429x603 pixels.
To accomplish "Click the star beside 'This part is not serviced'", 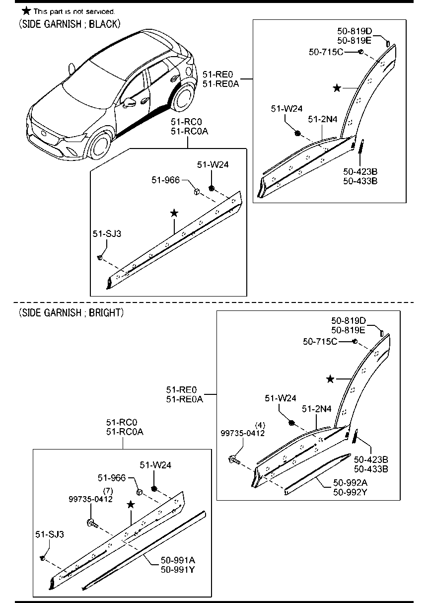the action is coord(26,11).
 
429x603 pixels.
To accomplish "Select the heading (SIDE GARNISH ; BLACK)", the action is coord(70,24).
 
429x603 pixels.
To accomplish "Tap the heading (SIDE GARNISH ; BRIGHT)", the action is coord(71,312).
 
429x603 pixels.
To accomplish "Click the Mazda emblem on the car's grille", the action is coord(44,134).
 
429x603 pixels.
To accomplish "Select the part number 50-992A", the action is coord(350,483).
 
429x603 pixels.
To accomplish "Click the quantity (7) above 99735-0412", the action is coord(108,491).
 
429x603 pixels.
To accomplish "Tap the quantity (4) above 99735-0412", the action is coord(260,425).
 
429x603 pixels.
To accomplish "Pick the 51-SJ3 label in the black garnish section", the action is coord(107,233).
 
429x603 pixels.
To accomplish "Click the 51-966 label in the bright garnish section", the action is coord(112,477).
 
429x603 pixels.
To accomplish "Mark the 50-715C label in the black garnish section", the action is coord(326,52).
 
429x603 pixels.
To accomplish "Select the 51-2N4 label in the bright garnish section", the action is coord(316,409).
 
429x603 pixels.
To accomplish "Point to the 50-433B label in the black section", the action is coord(360,181).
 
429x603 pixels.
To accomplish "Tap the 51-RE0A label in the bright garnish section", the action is coord(184,399).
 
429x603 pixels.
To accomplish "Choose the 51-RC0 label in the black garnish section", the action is coord(186,122).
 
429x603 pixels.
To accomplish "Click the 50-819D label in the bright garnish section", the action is coord(349,320).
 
